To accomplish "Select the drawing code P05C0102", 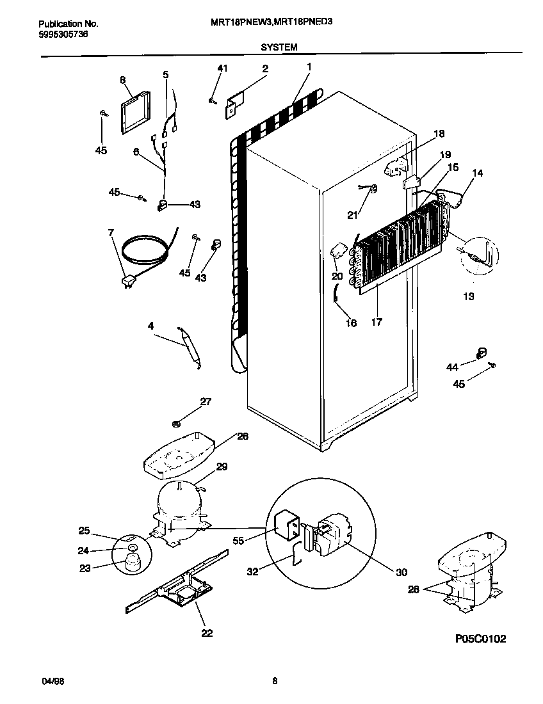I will pos(480,639).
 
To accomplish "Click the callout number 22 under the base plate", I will pos(207,633).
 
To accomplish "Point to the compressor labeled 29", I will pos(178,501).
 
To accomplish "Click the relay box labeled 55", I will pos(287,527).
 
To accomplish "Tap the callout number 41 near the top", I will pos(222,68).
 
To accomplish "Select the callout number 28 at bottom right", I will pos(413,589).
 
